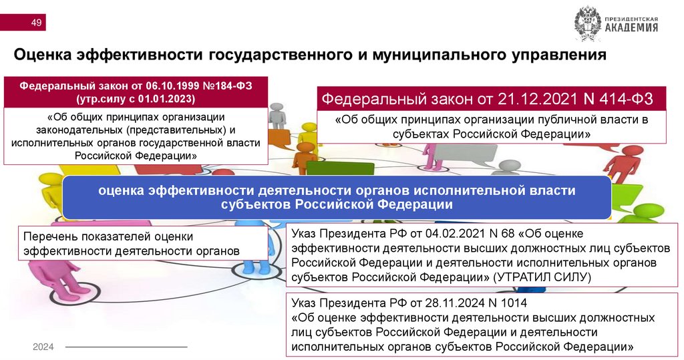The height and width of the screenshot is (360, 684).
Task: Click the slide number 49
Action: pos(36,25)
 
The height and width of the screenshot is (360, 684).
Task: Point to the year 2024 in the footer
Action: pos(43,347)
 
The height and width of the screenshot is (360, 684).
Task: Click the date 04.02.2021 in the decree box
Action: pos(430,234)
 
